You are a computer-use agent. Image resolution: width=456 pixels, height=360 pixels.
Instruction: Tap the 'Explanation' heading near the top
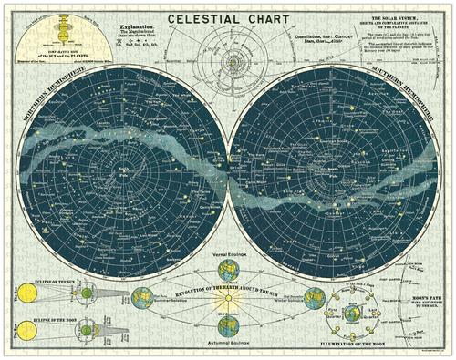pyautogui.click(x=136, y=28)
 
